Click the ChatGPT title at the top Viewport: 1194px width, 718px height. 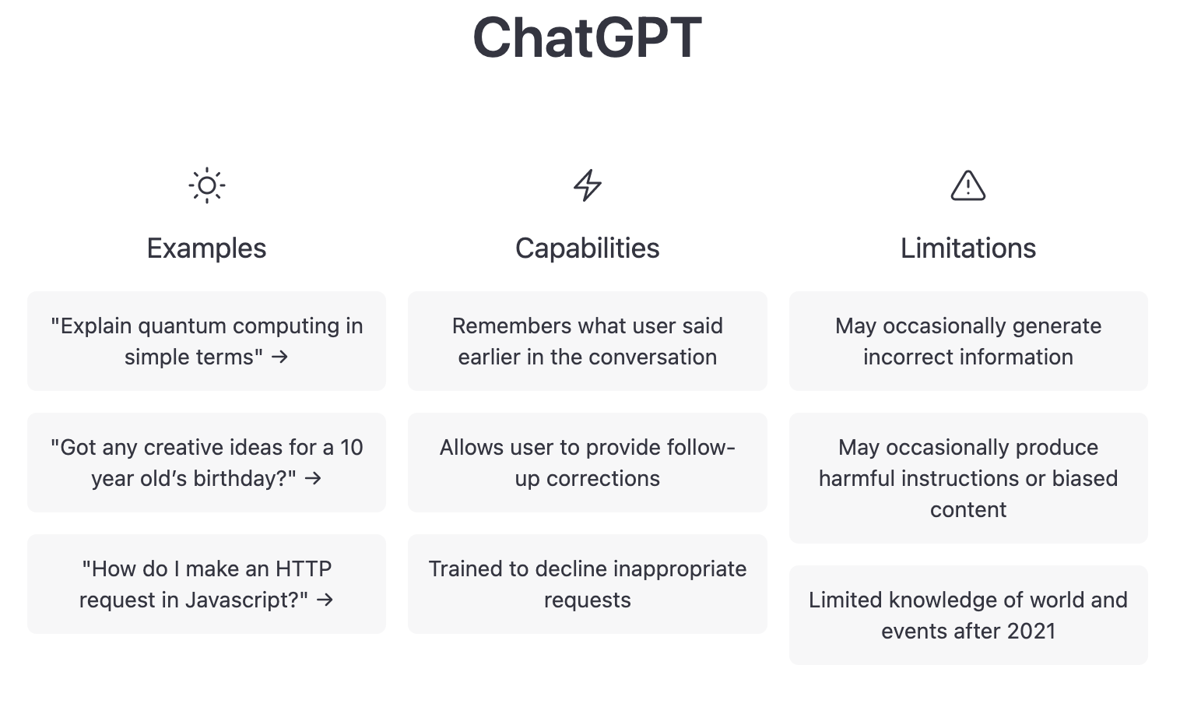coord(587,37)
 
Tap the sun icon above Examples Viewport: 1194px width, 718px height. coord(206,185)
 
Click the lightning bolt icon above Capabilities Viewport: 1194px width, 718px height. coord(587,185)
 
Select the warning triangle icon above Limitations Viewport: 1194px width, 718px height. coord(967,185)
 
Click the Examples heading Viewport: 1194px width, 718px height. coord(206,248)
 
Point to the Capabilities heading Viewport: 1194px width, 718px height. coord(587,248)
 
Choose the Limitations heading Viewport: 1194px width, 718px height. coord(967,248)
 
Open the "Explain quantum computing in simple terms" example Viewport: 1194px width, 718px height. coord(206,341)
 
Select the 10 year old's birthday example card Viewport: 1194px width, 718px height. coord(206,463)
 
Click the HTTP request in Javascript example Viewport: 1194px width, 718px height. coord(206,584)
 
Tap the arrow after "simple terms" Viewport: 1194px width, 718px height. coord(280,357)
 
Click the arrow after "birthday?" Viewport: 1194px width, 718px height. coord(313,478)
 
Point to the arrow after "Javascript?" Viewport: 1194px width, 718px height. coord(325,600)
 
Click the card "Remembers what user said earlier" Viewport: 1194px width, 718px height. coord(587,341)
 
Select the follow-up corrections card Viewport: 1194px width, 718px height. coord(587,463)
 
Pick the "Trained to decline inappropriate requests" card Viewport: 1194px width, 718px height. coord(587,584)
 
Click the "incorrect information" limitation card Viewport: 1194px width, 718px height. coord(967,341)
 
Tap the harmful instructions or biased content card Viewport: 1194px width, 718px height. coord(967,478)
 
